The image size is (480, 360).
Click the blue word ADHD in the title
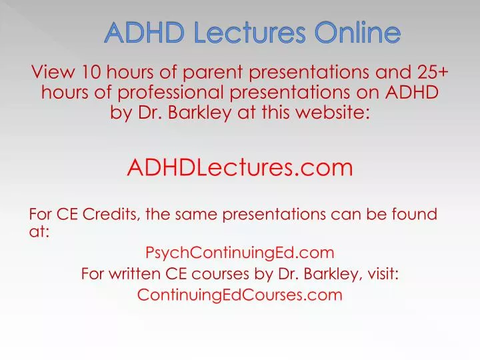[x=144, y=33]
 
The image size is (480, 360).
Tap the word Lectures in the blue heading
[x=250, y=33]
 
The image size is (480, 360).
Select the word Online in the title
[x=357, y=33]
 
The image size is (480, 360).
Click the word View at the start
[x=53, y=72]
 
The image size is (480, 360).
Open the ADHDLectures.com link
[x=240, y=167]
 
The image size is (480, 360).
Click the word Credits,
[x=111, y=214]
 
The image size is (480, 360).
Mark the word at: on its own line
[x=39, y=231]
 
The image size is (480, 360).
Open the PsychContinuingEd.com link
[x=240, y=253]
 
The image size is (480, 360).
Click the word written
[x=135, y=274]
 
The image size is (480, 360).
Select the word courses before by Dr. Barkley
[x=221, y=275]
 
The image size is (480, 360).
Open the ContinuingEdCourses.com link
[x=240, y=295]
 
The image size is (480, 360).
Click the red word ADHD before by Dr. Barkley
[x=411, y=93]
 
